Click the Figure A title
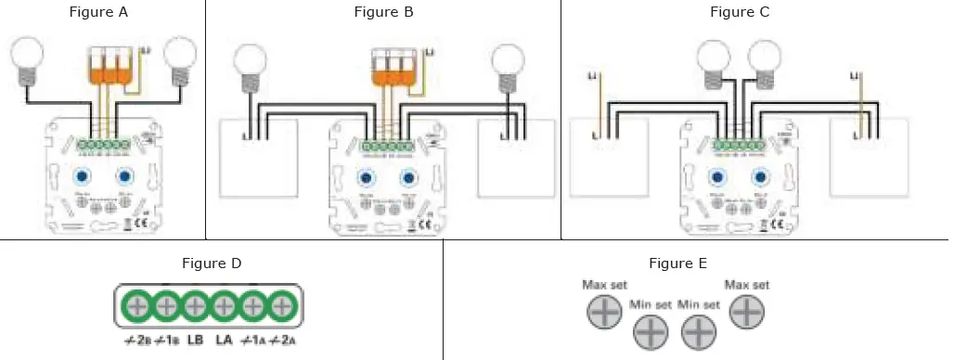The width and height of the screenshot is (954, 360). click(99, 12)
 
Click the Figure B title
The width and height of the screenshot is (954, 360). click(383, 12)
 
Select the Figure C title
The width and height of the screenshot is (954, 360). click(740, 12)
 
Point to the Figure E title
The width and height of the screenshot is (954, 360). click(678, 264)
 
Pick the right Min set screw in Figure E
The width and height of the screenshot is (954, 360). click(700, 329)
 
